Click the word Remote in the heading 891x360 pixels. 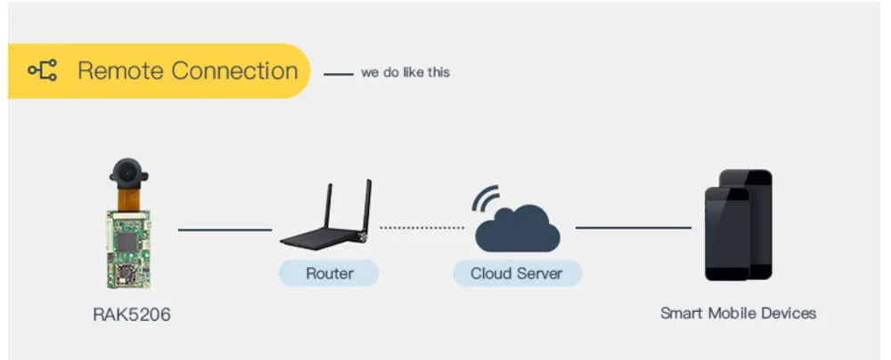(120, 71)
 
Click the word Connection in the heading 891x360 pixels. (234, 71)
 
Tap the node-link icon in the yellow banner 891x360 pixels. (43, 70)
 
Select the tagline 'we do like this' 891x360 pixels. (405, 73)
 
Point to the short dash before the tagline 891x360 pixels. (339, 74)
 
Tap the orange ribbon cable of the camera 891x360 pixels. (128, 200)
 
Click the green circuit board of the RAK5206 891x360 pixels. (129, 250)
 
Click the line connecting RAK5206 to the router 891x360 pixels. (225, 230)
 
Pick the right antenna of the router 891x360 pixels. (368, 205)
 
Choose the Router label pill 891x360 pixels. (329, 274)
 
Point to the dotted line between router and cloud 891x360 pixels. (422, 227)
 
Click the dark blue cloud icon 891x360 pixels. (518, 229)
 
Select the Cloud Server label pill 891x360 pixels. (517, 274)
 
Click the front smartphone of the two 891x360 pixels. (727, 233)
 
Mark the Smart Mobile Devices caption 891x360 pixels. (738, 314)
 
